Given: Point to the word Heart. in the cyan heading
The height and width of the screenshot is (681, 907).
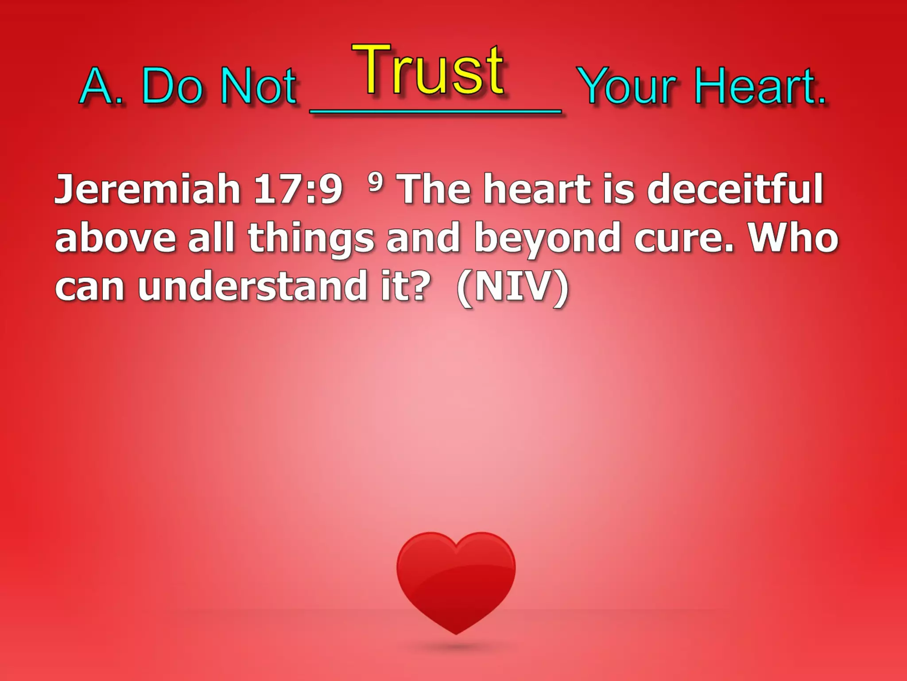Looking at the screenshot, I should point(760,86).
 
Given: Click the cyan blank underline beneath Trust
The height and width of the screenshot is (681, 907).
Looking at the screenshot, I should point(436,112).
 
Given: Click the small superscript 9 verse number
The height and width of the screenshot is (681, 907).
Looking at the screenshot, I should point(375,182).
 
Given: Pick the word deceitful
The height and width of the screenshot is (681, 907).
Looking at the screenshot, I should point(735,189).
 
